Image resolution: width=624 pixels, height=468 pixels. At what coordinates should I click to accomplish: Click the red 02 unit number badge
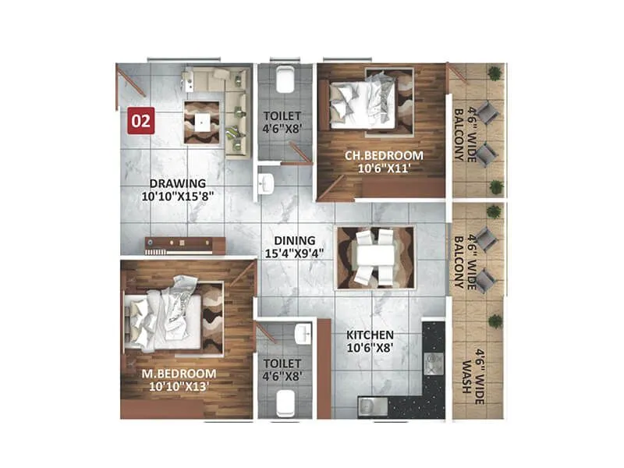point(141,121)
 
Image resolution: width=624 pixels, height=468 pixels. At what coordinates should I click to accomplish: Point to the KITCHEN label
point(371,335)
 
